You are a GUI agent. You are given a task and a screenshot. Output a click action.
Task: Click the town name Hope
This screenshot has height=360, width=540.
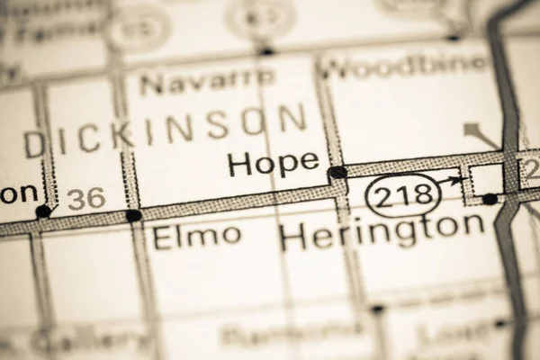(x=273, y=163)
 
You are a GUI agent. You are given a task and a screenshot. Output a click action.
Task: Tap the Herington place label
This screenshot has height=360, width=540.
(x=382, y=232)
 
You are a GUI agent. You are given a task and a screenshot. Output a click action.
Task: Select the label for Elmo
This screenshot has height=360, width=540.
(x=197, y=237)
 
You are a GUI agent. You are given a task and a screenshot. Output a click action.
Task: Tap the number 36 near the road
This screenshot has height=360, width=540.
(x=85, y=199)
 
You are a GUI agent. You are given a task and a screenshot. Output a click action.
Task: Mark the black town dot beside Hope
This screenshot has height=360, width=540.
(x=337, y=171)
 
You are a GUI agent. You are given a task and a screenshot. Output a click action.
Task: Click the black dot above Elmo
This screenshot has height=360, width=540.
(x=133, y=215)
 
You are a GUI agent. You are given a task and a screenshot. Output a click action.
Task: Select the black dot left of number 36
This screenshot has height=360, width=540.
(x=42, y=211)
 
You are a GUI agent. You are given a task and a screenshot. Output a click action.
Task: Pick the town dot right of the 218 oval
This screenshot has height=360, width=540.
(x=490, y=198)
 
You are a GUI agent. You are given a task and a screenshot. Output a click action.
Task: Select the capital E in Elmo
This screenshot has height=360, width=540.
(x=164, y=237)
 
